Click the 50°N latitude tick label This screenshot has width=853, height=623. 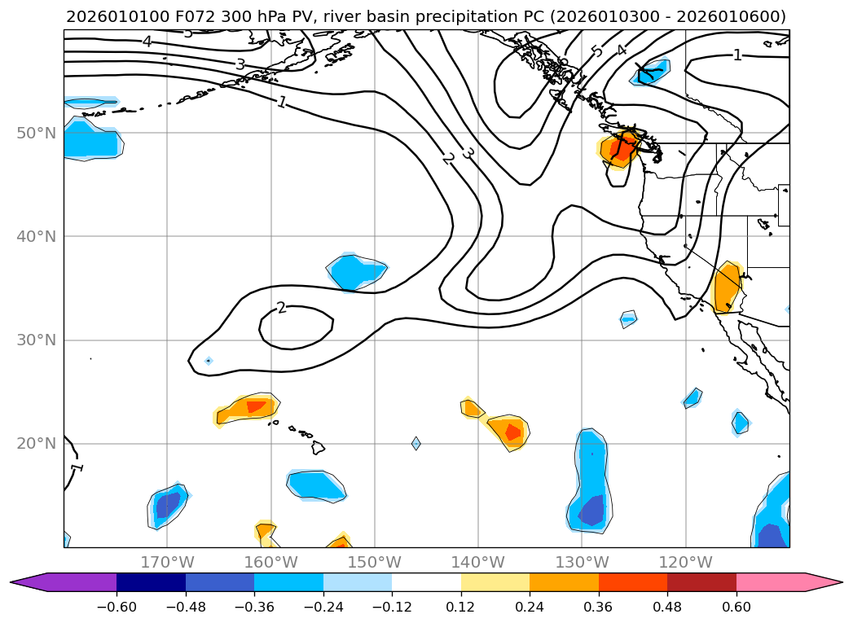pyautogui.click(x=36, y=133)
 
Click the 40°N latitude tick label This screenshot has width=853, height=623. pyautogui.click(x=36, y=236)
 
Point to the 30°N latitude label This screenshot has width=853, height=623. pyautogui.click(x=36, y=340)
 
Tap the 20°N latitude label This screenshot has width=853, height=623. pyautogui.click(x=36, y=444)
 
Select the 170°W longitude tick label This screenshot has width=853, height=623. pyautogui.click(x=167, y=562)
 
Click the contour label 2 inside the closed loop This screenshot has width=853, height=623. pyautogui.click(x=281, y=308)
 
